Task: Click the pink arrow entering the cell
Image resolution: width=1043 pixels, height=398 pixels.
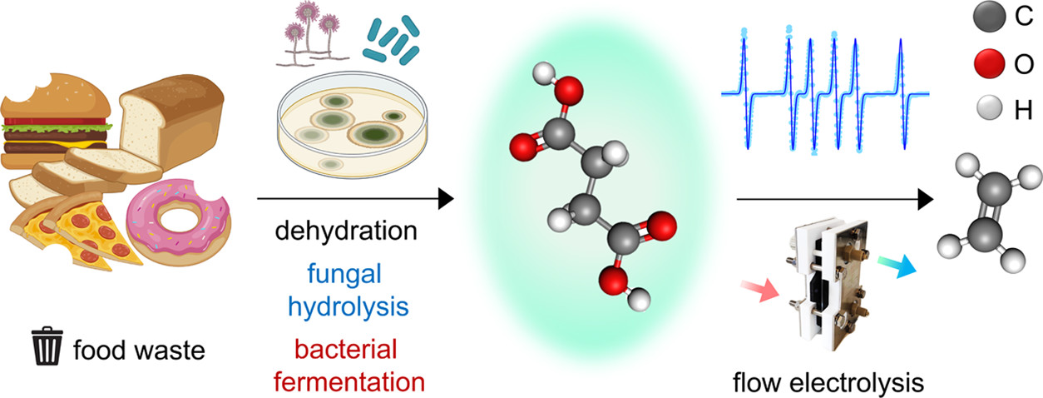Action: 759,289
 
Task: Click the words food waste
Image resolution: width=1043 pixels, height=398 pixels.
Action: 138,350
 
